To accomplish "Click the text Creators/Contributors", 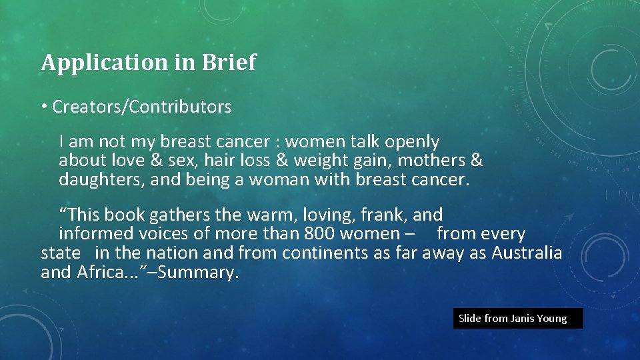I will (x=141, y=107).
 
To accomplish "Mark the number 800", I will (x=319, y=235).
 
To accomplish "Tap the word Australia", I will (x=527, y=253).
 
